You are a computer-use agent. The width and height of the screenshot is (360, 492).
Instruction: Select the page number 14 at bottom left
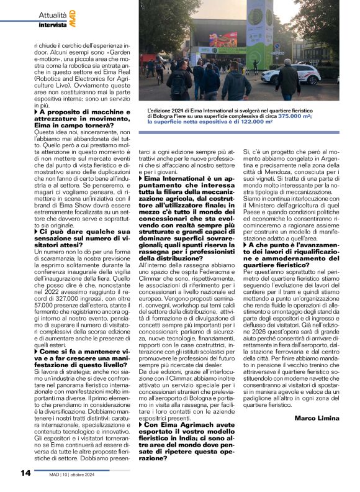[25, 473]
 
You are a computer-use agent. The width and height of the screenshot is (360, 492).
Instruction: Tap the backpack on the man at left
[181, 81]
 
